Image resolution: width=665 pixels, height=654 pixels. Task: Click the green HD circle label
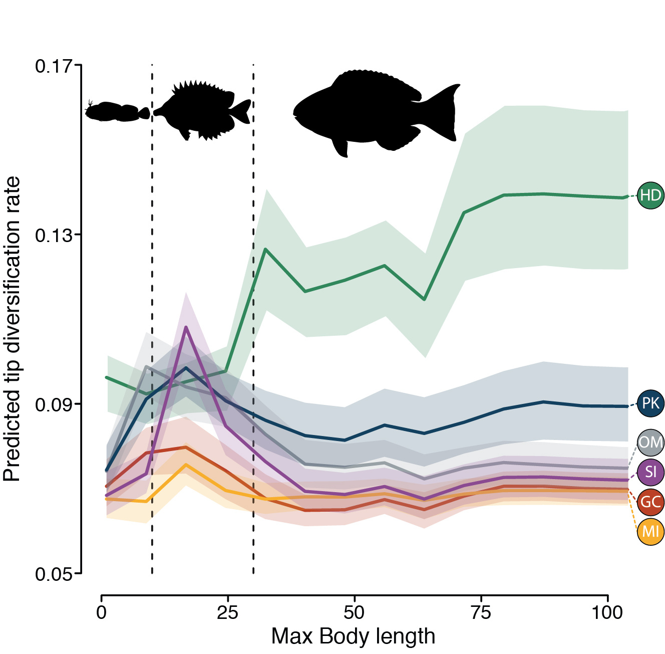(650, 195)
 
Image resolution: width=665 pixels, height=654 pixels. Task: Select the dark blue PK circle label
(650, 403)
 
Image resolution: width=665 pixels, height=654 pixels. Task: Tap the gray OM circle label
(650, 443)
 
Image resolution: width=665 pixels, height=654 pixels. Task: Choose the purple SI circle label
(650, 472)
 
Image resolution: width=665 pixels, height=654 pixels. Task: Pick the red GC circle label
(650, 502)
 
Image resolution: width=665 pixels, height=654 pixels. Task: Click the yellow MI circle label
(650, 531)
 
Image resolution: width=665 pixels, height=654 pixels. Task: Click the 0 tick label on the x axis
(102, 613)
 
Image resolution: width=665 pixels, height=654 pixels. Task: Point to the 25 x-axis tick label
(228, 613)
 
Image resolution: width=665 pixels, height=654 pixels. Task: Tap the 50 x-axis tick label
(354, 613)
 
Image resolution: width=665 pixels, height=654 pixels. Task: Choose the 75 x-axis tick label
(481, 613)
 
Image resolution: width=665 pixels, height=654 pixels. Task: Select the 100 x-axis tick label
(607, 613)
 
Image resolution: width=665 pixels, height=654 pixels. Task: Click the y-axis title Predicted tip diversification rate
(12, 328)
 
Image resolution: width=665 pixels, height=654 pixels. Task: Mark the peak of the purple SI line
(186, 327)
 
